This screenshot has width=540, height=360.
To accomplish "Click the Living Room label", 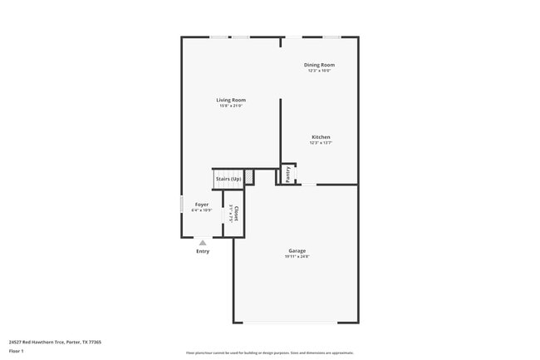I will point(231,100).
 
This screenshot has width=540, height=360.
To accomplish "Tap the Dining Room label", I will point(319,65).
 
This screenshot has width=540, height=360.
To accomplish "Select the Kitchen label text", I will point(321,137).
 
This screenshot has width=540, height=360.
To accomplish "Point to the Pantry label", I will point(288,174).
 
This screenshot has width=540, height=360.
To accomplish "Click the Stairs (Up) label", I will point(228,179).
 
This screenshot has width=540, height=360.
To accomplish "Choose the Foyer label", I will point(202,205).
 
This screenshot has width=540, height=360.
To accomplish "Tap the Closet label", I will point(236,214).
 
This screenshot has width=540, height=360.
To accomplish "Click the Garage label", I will point(297,251).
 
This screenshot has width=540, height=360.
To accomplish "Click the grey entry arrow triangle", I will point(203,243).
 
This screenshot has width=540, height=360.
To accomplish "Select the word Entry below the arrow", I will point(203,251).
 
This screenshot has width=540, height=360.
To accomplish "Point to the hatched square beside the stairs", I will point(248,177).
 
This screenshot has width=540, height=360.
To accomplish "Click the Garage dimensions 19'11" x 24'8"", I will point(297,256).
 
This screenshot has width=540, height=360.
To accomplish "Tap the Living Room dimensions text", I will point(232,106).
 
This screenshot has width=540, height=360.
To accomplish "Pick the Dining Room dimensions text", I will point(319,71).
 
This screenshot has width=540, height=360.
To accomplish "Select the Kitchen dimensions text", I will point(321,143).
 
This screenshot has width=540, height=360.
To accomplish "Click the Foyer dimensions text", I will point(202,210).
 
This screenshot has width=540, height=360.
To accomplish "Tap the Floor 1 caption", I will point(15,352).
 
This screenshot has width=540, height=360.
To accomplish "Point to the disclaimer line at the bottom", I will point(269,353).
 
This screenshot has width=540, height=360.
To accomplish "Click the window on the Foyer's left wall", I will point(182,205).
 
